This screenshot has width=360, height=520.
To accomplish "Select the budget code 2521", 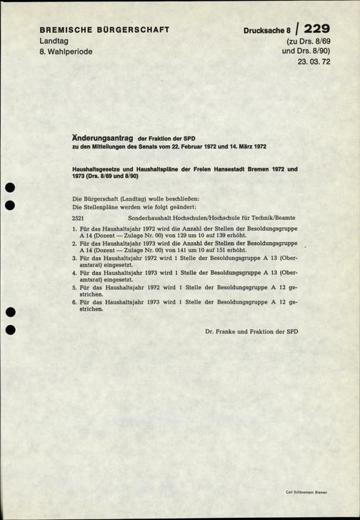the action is [x=79, y=216].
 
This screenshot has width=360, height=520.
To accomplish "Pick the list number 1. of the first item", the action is [x=75, y=229].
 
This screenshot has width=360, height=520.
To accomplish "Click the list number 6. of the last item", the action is [x=75, y=302].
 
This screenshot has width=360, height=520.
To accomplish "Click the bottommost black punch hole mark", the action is [x=9, y=330].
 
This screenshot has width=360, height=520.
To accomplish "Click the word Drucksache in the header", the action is [x=265, y=31].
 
